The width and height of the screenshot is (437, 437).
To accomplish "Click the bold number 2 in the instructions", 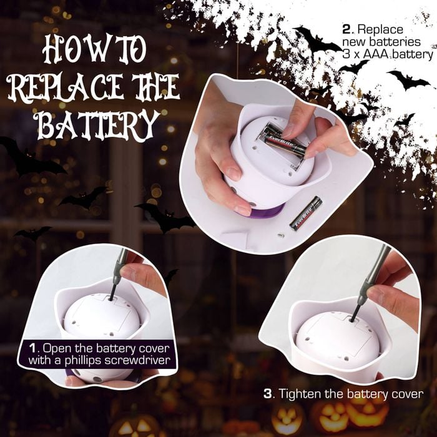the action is [x=346, y=29].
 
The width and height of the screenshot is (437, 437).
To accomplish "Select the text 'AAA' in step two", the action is [x=376, y=54].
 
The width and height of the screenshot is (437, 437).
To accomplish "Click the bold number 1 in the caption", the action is [x=33, y=348].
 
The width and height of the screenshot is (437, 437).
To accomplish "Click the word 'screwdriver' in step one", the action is [x=137, y=360].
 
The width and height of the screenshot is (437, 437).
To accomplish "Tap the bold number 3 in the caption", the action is [x=268, y=394].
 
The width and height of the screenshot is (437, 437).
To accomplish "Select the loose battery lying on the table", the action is [x=306, y=214].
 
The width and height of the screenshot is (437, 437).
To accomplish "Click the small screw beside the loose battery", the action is [x=281, y=236].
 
